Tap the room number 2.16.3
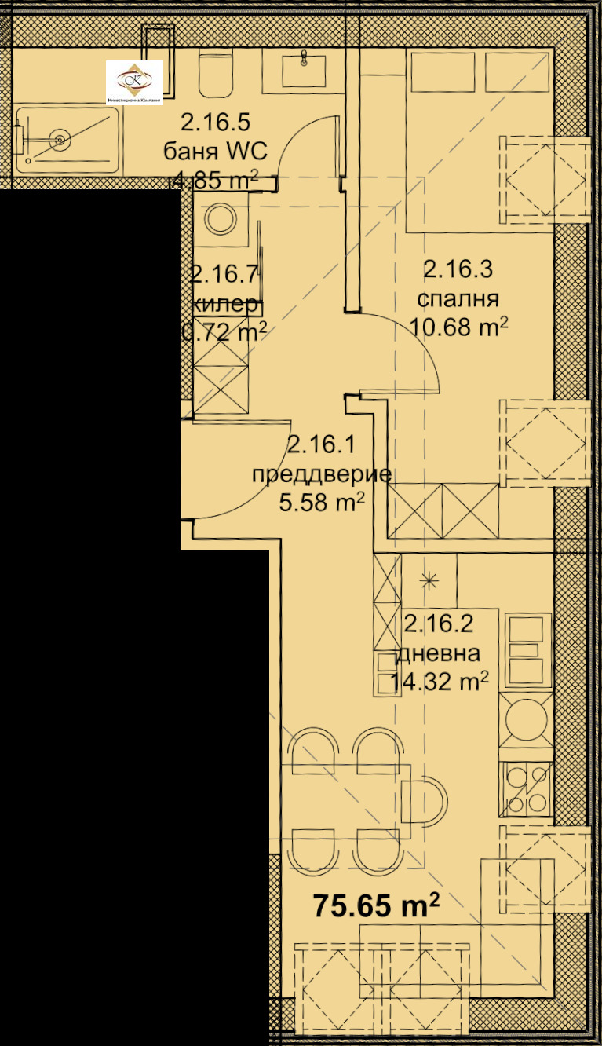(458, 271)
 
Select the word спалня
(458, 299)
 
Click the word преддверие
(321, 474)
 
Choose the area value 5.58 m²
(321, 502)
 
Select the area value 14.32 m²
(440, 682)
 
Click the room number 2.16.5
(215, 123)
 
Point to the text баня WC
(215, 151)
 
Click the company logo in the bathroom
(134, 82)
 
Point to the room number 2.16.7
(224, 274)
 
